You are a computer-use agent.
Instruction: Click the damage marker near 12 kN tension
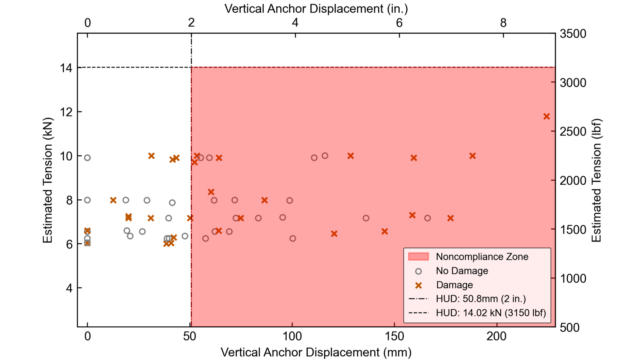coord(546,116)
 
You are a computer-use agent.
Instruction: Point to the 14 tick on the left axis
coord(66,68)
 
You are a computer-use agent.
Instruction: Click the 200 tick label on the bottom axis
coord(497,336)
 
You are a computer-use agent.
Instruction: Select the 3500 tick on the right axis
coord(573,34)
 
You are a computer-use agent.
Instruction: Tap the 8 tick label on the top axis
coord(503,23)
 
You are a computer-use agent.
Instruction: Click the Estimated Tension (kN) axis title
coord(48,180)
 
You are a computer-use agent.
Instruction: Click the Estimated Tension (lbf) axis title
coord(596,180)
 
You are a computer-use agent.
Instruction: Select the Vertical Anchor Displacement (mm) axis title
coord(316,352)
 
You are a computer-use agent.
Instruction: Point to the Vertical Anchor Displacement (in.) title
coord(316,8)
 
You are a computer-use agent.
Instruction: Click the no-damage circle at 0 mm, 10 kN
coord(87,158)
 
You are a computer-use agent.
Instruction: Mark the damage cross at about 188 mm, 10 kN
coord(472,156)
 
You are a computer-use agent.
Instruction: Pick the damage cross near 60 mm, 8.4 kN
coord(211,192)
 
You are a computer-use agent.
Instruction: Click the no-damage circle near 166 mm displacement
coord(427,218)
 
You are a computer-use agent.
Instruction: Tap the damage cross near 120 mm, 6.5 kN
coord(334,234)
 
